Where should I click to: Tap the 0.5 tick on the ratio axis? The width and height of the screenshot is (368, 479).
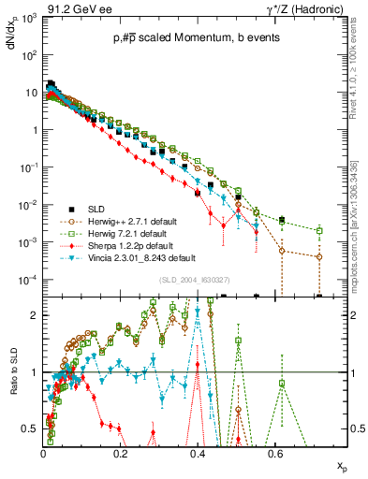pyautogui.click(x=32, y=429)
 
